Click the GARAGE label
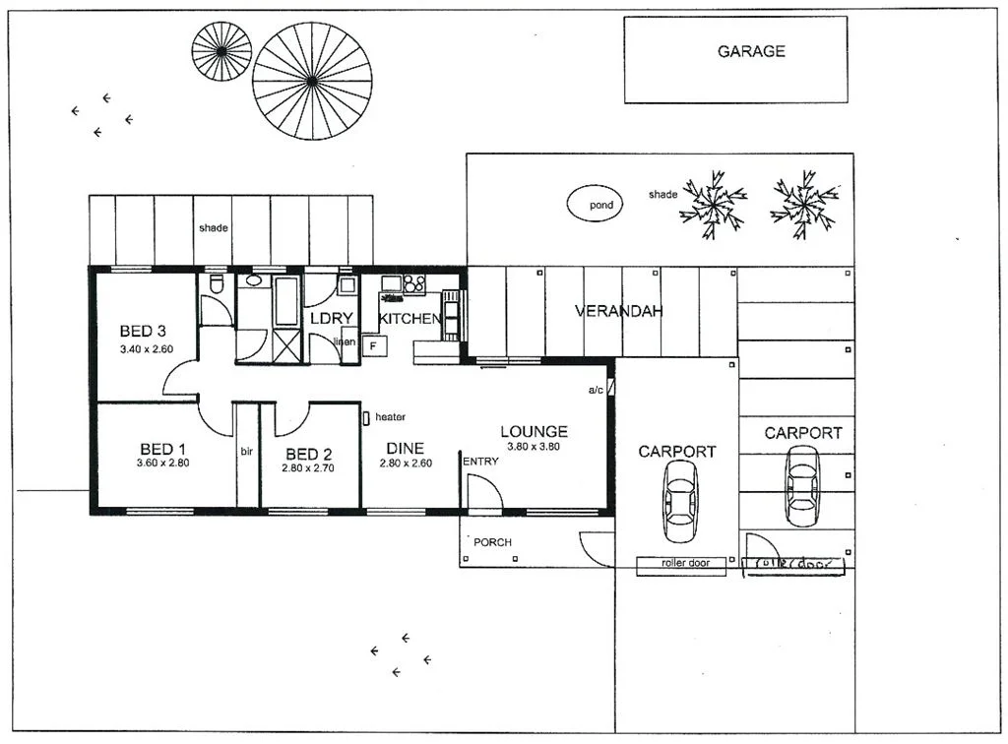point(751,51)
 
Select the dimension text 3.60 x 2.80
point(162,462)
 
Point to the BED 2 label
point(308,454)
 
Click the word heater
point(390,417)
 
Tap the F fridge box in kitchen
point(373,345)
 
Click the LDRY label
point(325,319)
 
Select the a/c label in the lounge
point(596,391)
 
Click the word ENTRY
point(480,462)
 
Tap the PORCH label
point(492,542)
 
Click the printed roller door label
point(686,564)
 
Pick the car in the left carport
point(680,501)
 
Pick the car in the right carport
point(802,485)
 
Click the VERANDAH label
point(618,311)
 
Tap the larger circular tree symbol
point(312,81)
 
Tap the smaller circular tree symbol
point(221,50)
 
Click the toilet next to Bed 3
point(217,286)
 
